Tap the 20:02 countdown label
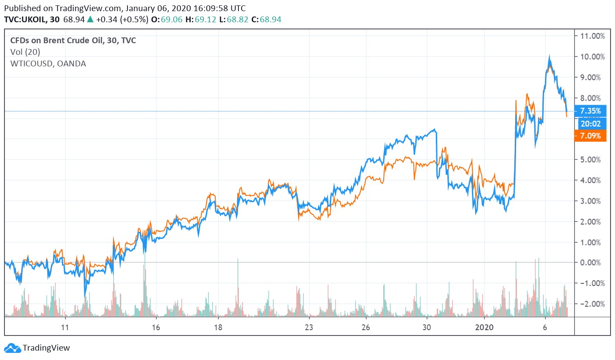click(590, 123)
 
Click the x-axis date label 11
click(65, 327)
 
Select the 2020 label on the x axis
click(484, 327)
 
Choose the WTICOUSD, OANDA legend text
click(48, 64)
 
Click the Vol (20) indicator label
click(25, 52)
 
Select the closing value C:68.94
click(266, 20)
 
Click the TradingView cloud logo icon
click(12, 348)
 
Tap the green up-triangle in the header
click(90, 20)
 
